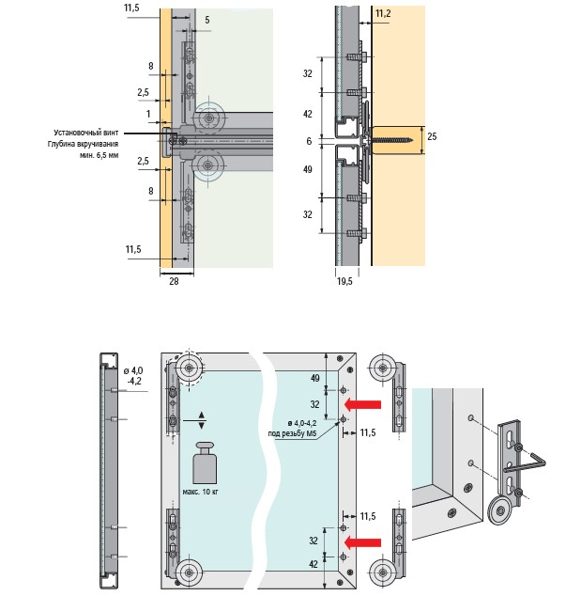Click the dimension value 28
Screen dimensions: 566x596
[174, 281]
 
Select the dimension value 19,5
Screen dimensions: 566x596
[344, 281]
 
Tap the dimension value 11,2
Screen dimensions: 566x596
[383, 14]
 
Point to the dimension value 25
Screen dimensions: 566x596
[432, 136]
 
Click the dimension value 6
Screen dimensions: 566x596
[309, 141]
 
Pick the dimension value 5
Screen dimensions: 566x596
[207, 20]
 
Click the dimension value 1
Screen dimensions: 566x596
[148, 114]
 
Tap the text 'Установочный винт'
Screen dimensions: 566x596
[85, 133]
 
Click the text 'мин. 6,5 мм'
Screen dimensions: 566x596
[99, 155]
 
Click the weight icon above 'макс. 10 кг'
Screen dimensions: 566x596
[205, 463]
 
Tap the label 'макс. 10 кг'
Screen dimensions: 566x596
[201, 492]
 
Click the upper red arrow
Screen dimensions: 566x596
[362, 404]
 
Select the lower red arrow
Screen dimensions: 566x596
[362, 542]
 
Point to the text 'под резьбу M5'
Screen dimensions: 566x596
[292, 433]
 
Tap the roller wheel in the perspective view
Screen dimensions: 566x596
[501, 511]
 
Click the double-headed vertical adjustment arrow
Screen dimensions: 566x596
[202, 420]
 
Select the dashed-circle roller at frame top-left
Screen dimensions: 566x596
[189, 368]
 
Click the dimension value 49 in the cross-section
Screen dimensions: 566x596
[308, 169]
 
